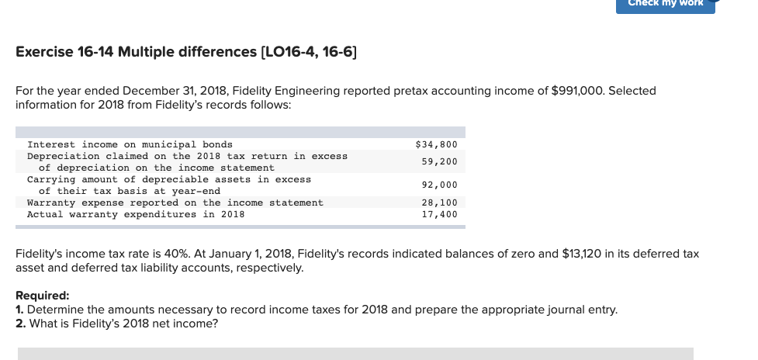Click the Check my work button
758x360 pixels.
(665, 4)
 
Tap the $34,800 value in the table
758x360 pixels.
(436, 144)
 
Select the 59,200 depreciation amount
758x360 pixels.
(439, 161)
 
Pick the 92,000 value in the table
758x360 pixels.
(439, 185)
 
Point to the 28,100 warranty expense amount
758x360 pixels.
(439, 202)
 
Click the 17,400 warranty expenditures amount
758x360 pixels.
(439, 214)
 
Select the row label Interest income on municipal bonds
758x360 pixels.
(130, 144)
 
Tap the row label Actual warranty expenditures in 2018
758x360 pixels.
(136, 214)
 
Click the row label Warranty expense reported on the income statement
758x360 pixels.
(175, 202)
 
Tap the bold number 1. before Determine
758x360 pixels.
(20, 310)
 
